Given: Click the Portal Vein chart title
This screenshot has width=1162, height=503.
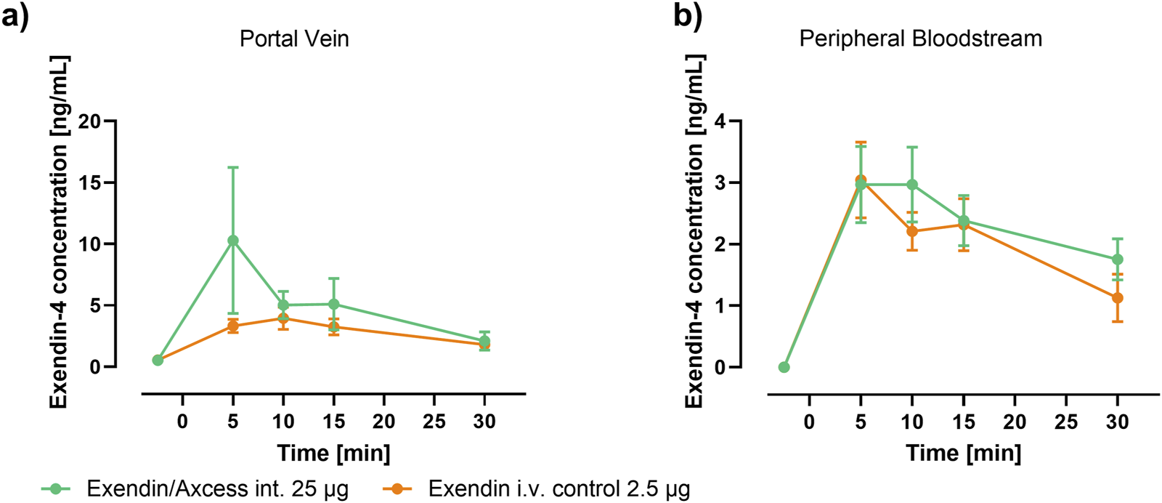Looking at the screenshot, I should point(294,38).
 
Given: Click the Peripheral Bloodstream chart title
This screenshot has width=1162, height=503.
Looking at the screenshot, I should point(920,38).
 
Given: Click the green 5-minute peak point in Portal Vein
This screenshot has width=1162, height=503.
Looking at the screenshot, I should point(233,240).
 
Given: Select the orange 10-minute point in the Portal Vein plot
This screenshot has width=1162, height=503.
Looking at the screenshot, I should point(283,318).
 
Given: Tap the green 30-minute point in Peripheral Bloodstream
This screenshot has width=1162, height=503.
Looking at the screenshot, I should point(1118,259).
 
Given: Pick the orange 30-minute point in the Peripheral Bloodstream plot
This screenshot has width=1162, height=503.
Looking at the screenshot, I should point(1118,298).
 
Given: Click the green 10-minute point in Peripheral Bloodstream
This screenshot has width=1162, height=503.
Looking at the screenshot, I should point(912,185).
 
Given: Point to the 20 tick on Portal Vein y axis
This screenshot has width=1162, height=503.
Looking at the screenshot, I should point(89,121).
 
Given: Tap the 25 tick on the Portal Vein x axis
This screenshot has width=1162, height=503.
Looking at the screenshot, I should point(434,422).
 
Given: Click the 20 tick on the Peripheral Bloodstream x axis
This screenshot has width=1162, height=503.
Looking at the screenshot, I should point(1015,422).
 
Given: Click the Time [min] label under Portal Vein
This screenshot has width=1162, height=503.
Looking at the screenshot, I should point(333,453).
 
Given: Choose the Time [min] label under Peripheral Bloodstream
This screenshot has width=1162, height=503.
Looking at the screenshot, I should point(963,453).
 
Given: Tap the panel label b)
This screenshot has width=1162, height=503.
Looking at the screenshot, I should point(687,15).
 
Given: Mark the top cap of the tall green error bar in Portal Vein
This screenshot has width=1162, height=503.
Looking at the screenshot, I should point(233,167).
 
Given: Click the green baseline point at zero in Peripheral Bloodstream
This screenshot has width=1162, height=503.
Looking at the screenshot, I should point(784,367).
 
